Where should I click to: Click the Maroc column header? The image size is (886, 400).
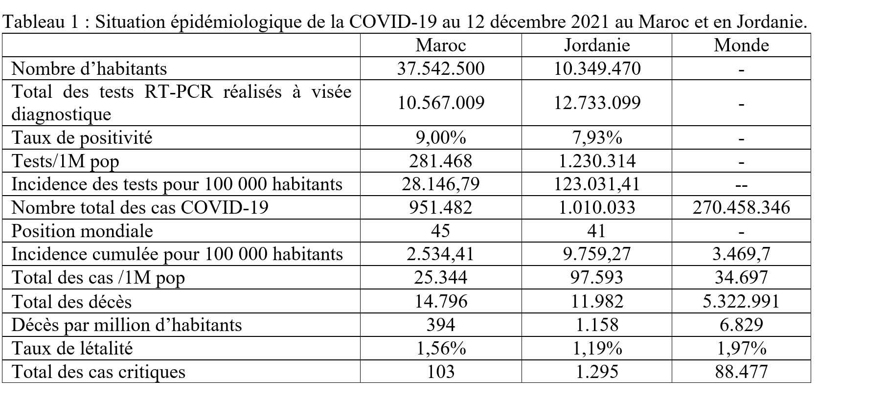tap(440, 45)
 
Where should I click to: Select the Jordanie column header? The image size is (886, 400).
tap(596, 45)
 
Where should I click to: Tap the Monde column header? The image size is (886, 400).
tap(741, 45)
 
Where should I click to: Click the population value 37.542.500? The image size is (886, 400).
tap(440, 68)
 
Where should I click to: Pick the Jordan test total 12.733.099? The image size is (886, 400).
tap(596, 103)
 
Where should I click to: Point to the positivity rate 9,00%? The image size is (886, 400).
tap(440, 138)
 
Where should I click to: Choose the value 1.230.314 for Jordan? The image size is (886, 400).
tap(596, 161)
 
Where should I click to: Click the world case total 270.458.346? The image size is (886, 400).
tap(741, 207)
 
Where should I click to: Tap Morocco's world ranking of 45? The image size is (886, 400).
tap(440, 231)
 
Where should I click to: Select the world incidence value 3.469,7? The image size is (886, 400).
tap(741, 254)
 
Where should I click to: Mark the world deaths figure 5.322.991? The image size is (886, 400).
tap(741, 301)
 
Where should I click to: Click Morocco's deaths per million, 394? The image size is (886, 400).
tap(440, 325)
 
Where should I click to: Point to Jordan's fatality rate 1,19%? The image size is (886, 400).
tap(596, 348)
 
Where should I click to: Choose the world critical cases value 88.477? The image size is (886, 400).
tap(741, 372)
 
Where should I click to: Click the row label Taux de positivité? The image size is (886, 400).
tap(82, 138)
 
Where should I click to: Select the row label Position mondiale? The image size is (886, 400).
tap(82, 231)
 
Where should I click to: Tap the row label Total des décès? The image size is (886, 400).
tap(71, 301)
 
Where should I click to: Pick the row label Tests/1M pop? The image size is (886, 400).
tap(65, 161)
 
